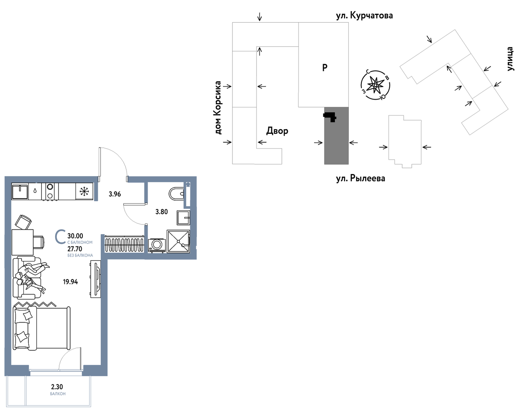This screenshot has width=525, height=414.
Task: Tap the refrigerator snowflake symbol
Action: [x=84, y=191]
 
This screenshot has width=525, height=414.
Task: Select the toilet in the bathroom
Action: [x=176, y=194]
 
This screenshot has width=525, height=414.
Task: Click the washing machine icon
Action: [x=157, y=245]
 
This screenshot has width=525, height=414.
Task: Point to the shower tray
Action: [x=178, y=241]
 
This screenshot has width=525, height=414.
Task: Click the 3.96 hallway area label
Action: [x=115, y=194]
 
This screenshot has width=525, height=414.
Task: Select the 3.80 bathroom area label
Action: [x=161, y=212]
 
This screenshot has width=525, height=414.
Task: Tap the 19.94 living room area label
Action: [x=70, y=282]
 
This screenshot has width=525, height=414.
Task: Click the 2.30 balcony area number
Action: [x=57, y=387]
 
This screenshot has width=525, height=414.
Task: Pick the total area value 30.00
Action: [x=75, y=236]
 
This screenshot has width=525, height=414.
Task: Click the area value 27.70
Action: [x=75, y=249]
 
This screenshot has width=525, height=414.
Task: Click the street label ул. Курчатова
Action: [x=364, y=16]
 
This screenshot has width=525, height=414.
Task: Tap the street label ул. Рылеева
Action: [x=361, y=178]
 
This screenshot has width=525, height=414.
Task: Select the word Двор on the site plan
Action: [x=277, y=131]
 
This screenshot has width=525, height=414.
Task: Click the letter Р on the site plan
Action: [x=325, y=67]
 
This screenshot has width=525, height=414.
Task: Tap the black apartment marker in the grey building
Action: [x=330, y=117]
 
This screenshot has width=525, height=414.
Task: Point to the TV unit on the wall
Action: [x=96, y=279]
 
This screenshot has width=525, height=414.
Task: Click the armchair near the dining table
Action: [x=23, y=222]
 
